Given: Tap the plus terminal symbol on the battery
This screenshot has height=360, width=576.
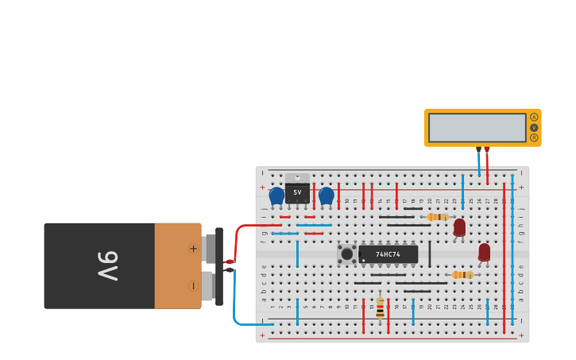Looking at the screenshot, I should pos(193,249).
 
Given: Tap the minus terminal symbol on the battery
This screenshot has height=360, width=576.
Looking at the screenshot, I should pos(193,285).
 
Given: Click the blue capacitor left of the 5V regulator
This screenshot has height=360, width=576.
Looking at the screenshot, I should pos(276,195).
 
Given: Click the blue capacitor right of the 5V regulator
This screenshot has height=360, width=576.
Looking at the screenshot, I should pos(326,195).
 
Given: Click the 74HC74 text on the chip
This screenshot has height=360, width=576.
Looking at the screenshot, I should pos(388,254).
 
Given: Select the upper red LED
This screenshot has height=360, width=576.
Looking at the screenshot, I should pos(459,227).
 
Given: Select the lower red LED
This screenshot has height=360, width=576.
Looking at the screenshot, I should pos(485,252).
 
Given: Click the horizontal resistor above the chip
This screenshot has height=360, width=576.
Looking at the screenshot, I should pos(437,217).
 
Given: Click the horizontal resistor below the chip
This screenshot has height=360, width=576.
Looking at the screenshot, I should pos(462,275).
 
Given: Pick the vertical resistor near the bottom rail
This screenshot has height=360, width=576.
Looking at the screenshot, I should pos(380,308).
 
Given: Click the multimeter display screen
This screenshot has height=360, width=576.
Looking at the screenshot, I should pos(477,127).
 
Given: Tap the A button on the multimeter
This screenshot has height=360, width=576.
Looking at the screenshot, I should pos(534,117).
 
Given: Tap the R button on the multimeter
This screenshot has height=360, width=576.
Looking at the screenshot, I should pos(534,137).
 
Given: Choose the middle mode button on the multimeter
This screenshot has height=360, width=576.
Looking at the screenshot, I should pos(534,127).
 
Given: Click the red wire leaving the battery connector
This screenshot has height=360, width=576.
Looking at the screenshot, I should pos(246,230).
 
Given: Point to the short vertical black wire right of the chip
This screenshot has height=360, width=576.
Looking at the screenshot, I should pos(430,254).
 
